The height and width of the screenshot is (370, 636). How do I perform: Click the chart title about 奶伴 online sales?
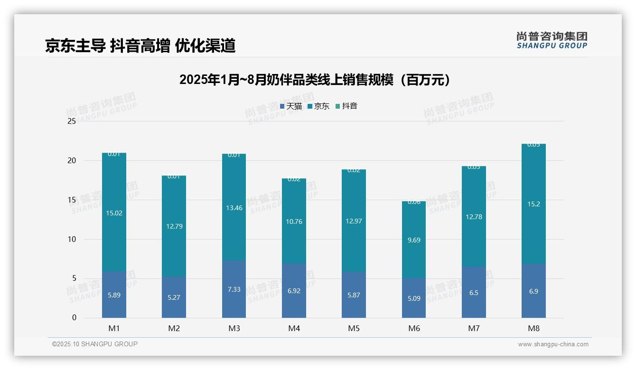pyautogui.click(x=314, y=80)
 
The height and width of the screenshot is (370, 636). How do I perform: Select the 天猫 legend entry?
pyautogui.click(x=291, y=106)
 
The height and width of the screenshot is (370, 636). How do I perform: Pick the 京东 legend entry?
pyautogui.click(x=318, y=106)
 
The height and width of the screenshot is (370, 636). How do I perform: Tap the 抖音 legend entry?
pyautogui.click(x=346, y=106)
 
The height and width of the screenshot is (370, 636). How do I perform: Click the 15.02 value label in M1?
pyautogui.click(x=114, y=213)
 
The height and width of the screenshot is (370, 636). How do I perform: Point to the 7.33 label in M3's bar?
pyautogui.click(x=234, y=289)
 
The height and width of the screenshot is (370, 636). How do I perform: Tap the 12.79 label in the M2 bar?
pyautogui.click(x=174, y=226)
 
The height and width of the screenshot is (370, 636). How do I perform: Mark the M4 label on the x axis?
pyautogui.click(x=294, y=328)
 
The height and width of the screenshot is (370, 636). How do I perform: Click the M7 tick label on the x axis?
pyautogui.click(x=474, y=328)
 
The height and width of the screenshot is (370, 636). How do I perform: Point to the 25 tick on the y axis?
pyautogui.click(x=72, y=121)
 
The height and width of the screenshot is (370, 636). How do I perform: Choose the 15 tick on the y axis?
pyautogui.click(x=72, y=200)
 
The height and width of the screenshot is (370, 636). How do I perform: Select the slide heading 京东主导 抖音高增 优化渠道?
pyautogui.click(x=140, y=46)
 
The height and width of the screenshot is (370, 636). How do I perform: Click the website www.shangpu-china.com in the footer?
pyautogui.click(x=553, y=344)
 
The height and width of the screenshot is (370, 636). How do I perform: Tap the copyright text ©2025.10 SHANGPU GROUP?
pyautogui.click(x=95, y=344)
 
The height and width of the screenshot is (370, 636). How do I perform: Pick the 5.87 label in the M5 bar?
pyautogui.click(x=354, y=295)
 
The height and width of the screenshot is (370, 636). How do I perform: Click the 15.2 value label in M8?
pyautogui.click(x=533, y=204)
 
